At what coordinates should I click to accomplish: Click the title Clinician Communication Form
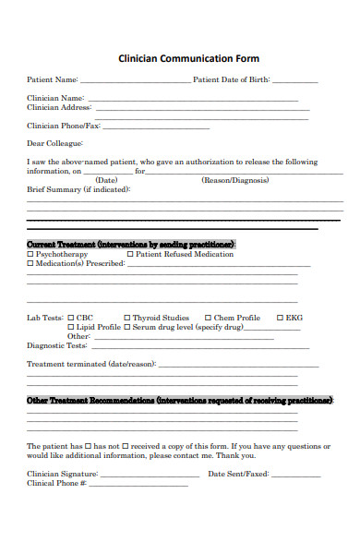pyautogui.click(x=188, y=58)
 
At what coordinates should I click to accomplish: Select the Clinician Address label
pyautogui.click(x=58, y=107)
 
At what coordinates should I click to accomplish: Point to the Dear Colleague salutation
pyautogui.click(x=55, y=143)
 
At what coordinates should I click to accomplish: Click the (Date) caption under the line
pyautogui.click(x=107, y=180)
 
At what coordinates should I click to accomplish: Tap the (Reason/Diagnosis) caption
pyautogui.click(x=235, y=180)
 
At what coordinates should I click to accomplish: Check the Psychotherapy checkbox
pyautogui.click(x=30, y=254)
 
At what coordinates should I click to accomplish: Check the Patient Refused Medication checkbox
pyautogui.click(x=130, y=254)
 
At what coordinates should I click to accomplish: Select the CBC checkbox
pyautogui.click(x=71, y=318)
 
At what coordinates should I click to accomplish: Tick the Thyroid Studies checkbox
pyautogui.click(x=126, y=318)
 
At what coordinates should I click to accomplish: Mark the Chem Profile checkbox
pyautogui.click(x=208, y=318)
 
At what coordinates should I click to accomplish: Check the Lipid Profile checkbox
pyautogui.click(x=71, y=327)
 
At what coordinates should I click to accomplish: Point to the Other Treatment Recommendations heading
pyautogui.click(x=180, y=401)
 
